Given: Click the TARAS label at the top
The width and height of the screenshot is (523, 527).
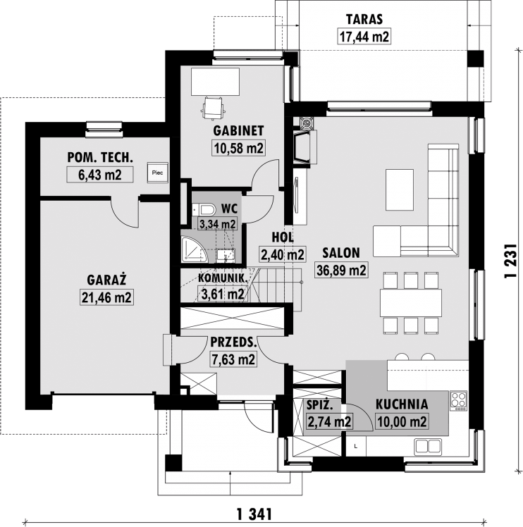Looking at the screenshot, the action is [364, 20].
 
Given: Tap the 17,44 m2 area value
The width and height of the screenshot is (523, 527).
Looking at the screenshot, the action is [364, 37].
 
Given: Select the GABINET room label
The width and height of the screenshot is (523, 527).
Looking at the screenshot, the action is [238, 131].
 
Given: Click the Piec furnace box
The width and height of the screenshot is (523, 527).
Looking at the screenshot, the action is [157, 173].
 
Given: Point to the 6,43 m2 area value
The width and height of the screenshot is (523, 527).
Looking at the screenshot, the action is [100, 175].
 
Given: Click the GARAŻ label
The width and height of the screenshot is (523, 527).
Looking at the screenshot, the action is [106, 280].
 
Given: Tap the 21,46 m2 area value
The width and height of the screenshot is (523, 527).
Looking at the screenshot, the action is [106, 297].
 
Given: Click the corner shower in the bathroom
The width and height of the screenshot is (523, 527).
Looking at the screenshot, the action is [194, 249].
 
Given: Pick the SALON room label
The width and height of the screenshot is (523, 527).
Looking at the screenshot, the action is [341, 253].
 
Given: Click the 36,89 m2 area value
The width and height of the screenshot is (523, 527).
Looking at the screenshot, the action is [341, 270].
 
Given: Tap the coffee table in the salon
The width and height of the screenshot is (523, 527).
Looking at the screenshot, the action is [400, 190].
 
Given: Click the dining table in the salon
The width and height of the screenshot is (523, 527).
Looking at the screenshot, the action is [411, 302].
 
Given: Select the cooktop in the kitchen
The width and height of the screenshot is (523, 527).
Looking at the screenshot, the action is [459, 401].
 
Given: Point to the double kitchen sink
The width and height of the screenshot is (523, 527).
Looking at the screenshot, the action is [428, 447].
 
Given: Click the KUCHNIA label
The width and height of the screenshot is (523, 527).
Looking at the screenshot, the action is [402, 404].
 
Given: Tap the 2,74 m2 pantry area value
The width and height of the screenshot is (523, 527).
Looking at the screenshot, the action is [330, 421].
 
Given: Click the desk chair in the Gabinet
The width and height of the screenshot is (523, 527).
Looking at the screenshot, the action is [214, 108].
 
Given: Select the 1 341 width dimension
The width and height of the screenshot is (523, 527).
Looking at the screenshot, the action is [254, 514].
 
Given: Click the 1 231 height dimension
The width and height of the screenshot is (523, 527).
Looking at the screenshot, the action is [510, 261].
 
